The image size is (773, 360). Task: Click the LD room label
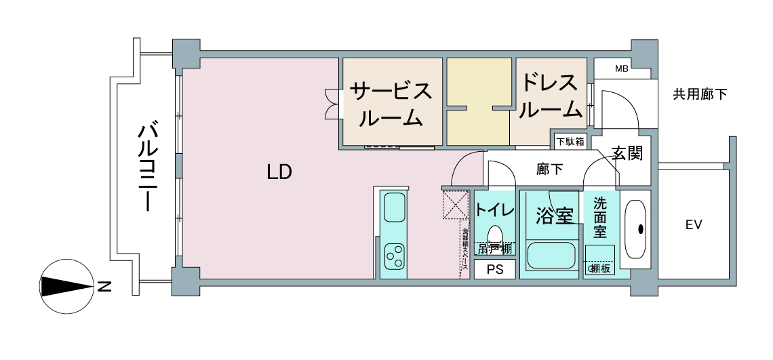pos(279,172)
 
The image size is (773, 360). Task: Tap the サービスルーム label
pos(391,104)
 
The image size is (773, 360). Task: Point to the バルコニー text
pos(148,167)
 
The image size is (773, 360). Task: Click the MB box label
pos(621,68)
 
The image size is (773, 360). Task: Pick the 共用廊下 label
pos(700,94)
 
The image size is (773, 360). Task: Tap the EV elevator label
pos(692,224)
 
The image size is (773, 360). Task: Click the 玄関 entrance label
pos(627,153)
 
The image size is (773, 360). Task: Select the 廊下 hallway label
pos(549,169)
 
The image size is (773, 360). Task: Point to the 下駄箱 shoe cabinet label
pos(570,142)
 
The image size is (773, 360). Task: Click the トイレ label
pos(494,209)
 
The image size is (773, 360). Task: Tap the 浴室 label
pos(555,216)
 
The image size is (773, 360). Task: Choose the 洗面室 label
pos(600,217)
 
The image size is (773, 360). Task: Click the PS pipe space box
pos(494,269)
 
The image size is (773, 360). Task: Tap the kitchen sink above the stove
pos(394,207)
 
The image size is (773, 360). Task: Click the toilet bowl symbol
pos(495,234)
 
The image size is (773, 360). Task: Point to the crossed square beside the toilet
pos(455,204)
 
